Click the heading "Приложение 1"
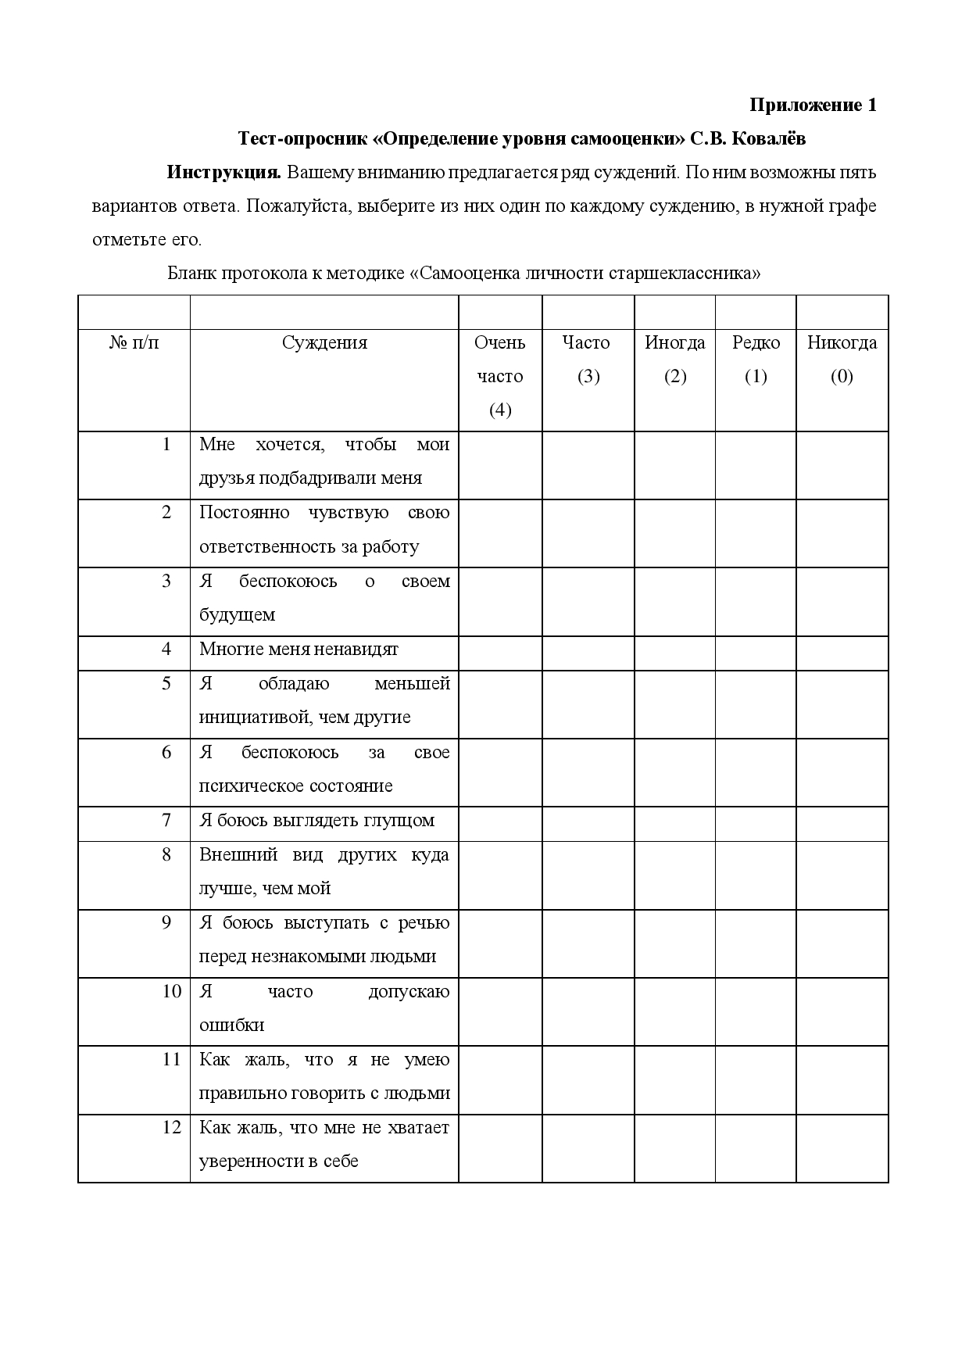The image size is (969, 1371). (x=813, y=105)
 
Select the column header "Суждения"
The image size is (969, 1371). (x=324, y=342)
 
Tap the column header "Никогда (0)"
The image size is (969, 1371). (x=842, y=359)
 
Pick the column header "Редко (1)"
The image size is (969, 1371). (x=756, y=359)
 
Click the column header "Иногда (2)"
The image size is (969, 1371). (x=674, y=359)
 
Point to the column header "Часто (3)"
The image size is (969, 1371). (x=587, y=359)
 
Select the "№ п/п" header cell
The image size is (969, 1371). (x=134, y=342)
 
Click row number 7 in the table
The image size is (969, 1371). (x=166, y=820)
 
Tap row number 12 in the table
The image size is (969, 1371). (x=171, y=1127)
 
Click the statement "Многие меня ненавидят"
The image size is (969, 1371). (x=299, y=650)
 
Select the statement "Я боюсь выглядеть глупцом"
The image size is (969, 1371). (x=316, y=821)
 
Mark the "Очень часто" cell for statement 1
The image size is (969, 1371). (x=500, y=465)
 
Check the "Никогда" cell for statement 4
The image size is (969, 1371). (x=842, y=653)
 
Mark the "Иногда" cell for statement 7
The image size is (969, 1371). (x=674, y=824)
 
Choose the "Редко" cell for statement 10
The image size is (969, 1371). (x=756, y=1011)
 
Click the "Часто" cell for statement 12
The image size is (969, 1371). (x=588, y=1148)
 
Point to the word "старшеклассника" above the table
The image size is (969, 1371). (x=680, y=274)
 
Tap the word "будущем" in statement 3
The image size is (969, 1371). (x=237, y=615)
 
